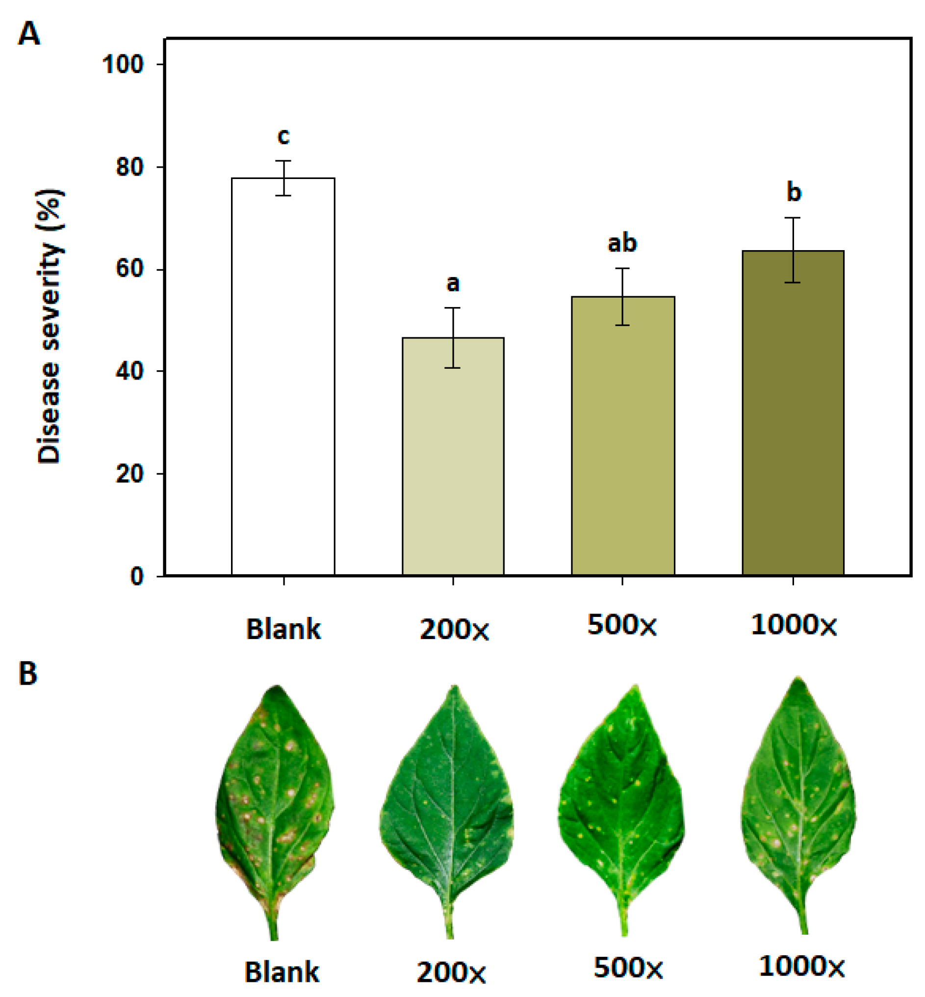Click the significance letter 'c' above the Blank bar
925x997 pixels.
coord(283,137)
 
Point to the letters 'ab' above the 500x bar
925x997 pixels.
coord(622,244)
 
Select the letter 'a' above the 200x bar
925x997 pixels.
coord(453,283)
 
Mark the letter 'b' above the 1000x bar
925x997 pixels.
coord(794,192)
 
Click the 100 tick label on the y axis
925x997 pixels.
coord(123,65)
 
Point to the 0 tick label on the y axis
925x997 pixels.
coord(137,577)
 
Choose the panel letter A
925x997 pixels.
coord(28,35)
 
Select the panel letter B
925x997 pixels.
coord(28,674)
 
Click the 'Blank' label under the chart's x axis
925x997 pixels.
coord(283,630)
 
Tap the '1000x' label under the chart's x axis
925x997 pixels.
coord(794,626)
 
